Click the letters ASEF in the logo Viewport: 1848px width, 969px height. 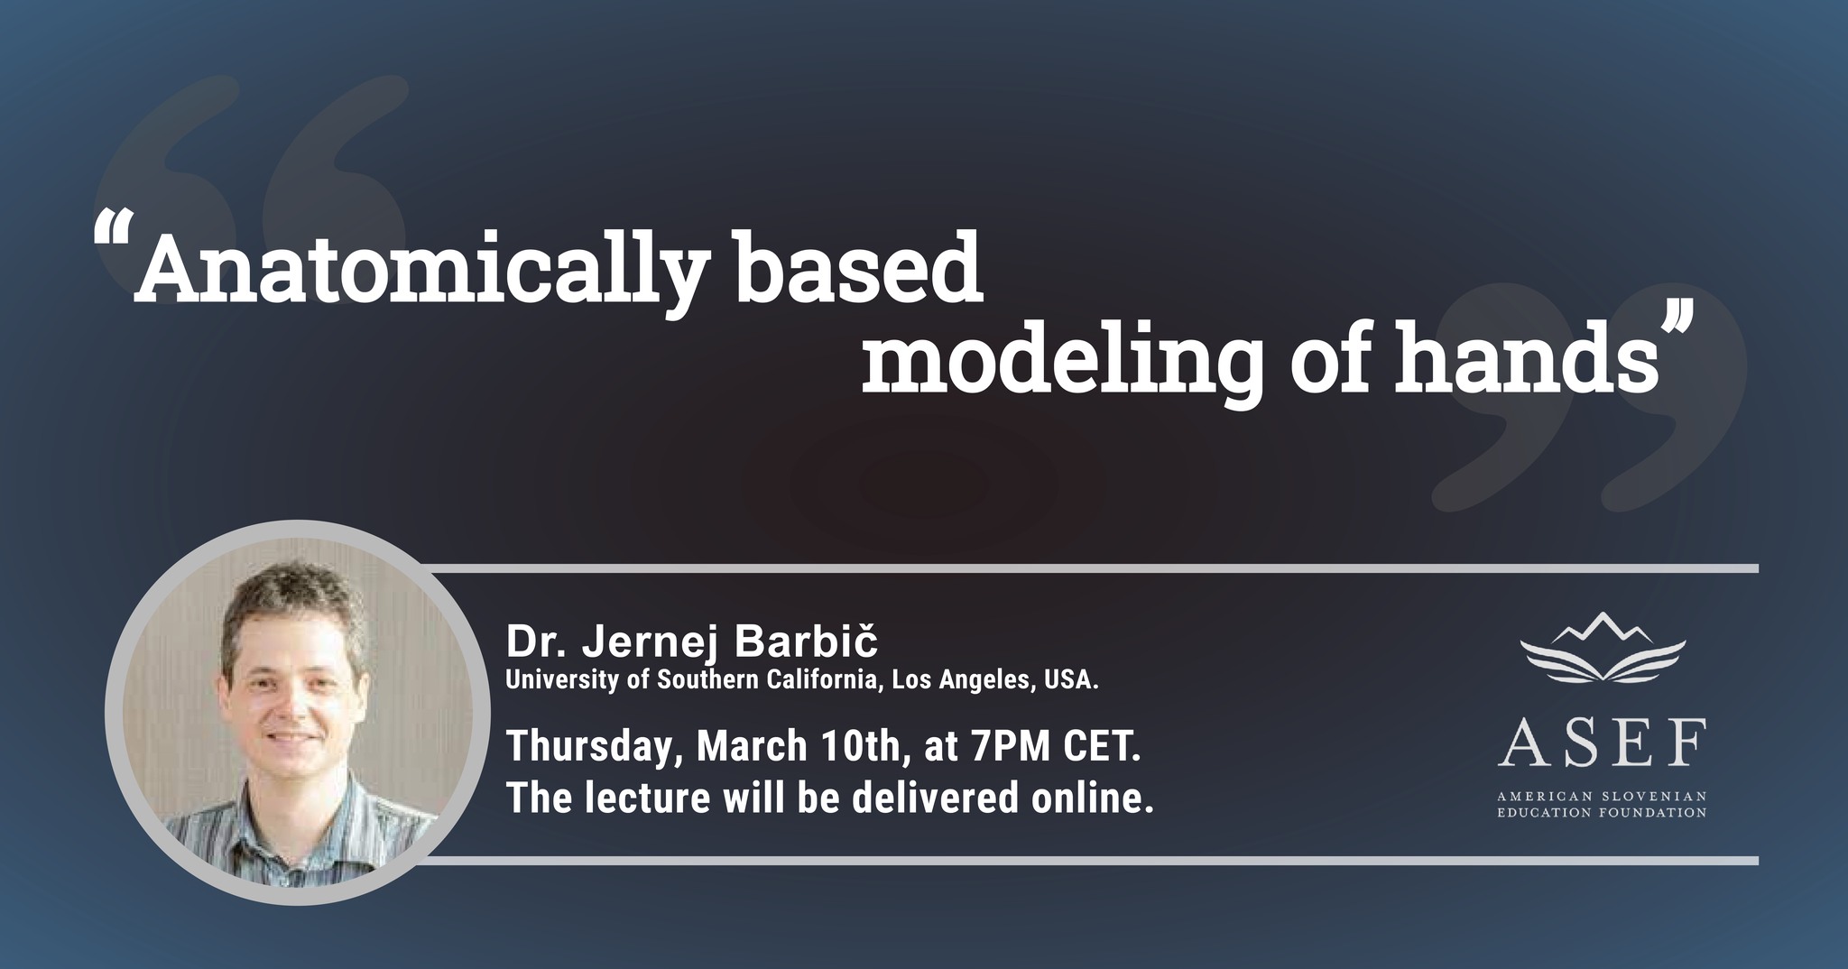click(x=1603, y=743)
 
